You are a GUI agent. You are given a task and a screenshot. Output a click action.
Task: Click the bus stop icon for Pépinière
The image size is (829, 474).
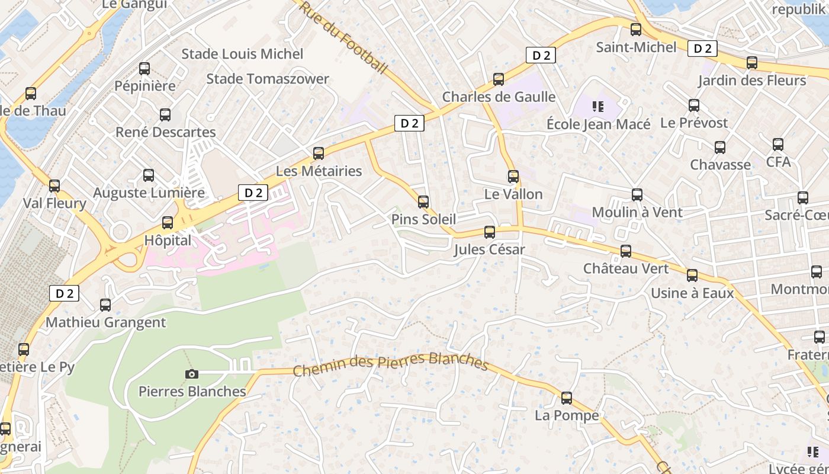tap(144, 69)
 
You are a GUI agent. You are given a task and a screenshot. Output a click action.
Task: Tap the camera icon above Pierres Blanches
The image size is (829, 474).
tap(191, 374)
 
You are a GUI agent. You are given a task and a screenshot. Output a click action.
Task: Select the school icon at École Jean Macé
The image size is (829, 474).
tap(597, 107)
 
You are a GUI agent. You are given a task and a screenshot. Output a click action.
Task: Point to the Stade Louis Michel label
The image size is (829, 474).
tap(242, 54)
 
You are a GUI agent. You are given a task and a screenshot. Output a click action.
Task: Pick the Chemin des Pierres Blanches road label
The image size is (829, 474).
tap(390, 364)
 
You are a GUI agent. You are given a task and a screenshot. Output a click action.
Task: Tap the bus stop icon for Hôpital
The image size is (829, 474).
tap(168, 223)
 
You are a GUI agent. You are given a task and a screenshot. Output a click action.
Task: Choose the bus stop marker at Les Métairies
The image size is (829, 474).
tap(319, 153)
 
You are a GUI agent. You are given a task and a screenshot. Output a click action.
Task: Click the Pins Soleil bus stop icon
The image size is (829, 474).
tap(423, 202)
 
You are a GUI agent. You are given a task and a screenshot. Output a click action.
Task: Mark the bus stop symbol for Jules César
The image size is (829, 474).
tap(490, 232)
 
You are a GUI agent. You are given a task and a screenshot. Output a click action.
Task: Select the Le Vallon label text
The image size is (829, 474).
tap(513, 194)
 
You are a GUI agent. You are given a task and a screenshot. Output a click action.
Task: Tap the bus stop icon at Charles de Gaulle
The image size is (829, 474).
tap(499, 79)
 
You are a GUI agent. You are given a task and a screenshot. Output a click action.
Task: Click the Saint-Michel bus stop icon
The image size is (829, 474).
tap(636, 30)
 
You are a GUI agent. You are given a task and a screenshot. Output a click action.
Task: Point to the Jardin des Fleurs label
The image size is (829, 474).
tap(752, 80)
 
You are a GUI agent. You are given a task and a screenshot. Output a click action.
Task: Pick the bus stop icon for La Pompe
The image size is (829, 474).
tap(567, 398)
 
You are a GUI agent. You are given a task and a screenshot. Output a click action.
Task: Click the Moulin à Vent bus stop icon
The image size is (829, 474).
tap(637, 195)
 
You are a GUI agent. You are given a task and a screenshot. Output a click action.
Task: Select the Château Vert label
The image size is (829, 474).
tap(626, 268)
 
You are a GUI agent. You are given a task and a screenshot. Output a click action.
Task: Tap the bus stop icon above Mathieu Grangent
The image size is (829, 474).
tap(105, 305)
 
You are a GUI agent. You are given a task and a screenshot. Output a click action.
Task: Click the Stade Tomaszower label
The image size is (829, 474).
tap(268, 79)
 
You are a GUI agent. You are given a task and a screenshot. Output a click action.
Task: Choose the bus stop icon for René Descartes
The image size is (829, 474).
tap(165, 115)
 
